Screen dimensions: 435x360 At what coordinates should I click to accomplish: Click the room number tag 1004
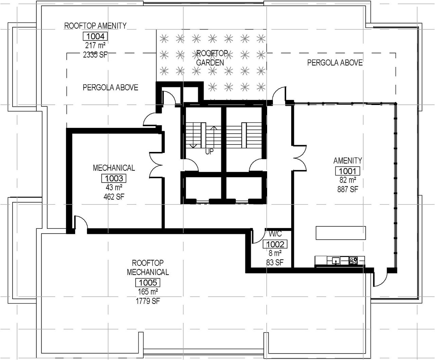pos(95,36)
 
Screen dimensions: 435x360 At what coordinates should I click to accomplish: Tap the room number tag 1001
pos(348,171)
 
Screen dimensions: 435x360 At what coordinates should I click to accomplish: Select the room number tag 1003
pos(114,178)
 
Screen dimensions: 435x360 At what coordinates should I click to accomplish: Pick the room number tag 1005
pos(148,283)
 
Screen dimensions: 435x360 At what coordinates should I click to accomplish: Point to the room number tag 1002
pos(275,244)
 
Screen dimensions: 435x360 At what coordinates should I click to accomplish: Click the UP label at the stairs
pos(209,152)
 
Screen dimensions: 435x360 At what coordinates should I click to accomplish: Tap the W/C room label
pos(275,234)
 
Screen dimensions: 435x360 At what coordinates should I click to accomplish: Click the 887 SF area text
pos(348,189)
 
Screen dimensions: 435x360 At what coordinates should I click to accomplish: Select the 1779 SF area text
pos(148,301)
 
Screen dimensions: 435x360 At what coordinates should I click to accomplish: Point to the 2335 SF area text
pos(95,55)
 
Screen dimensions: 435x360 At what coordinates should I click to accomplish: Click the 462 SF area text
pos(114,197)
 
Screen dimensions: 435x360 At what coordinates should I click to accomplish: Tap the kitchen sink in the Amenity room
pos(335,261)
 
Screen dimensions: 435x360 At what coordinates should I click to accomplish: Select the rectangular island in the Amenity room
pos(341,233)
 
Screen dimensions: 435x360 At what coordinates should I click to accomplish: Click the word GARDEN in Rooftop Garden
pos(210,63)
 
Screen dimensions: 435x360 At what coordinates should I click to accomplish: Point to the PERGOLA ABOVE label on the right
pos(335,63)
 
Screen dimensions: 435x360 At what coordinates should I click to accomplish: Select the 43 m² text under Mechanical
pos(114,188)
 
